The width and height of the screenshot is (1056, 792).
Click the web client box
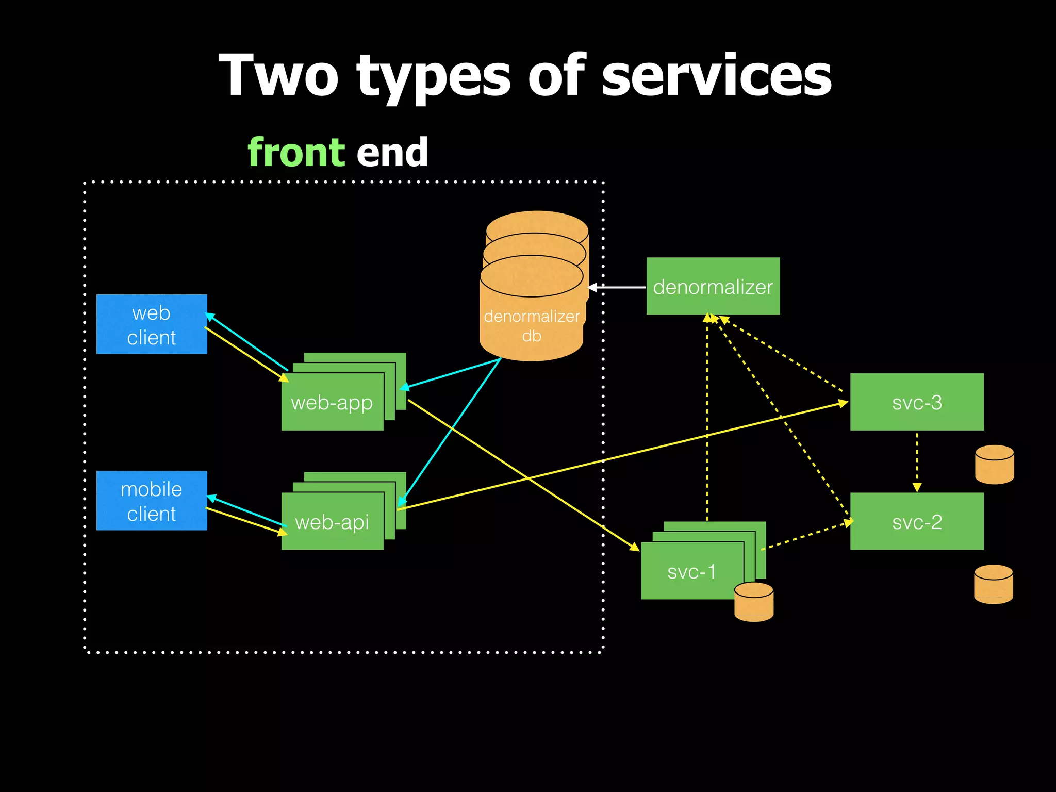[x=152, y=324]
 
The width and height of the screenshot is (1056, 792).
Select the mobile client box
[x=152, y=500]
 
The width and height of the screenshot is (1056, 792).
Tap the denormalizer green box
[x=713, y=286]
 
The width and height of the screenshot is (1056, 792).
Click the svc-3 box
[x=916, y=402]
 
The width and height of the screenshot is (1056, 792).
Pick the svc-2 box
[x=916, y=521]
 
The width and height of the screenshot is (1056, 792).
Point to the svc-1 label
[x=691, y=571]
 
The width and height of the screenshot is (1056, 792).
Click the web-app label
[x=332, y=403]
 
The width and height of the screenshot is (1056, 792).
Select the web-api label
[x=332, y=522]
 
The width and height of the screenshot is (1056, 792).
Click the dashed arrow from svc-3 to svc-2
[x=917, y=460]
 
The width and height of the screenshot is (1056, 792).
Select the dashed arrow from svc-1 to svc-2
[x=806, y=536]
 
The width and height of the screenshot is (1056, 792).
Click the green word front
[x=296, y=153]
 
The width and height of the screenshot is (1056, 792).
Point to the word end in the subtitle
[x=392, y=153]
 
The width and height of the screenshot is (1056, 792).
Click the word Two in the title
[x=278, y=76]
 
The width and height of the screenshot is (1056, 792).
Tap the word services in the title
[x=716, y=76]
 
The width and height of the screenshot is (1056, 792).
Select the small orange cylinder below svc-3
[x=994, y=465]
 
